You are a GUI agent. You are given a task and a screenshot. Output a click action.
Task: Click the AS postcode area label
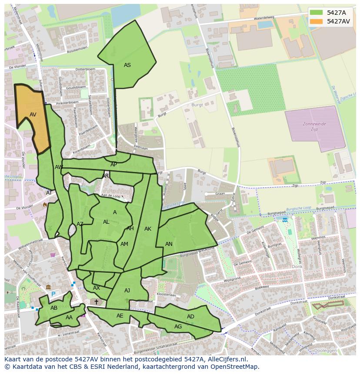[x=127, y=65]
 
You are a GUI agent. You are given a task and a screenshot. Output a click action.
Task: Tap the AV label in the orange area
[x=33, y=115]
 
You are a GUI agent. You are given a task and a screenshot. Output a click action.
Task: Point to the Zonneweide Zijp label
[x=314, y=126]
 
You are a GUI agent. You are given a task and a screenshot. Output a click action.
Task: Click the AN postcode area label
[x=169, y=244]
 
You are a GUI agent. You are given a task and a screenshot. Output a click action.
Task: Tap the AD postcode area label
[x=190, y=317]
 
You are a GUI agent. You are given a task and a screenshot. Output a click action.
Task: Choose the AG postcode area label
[x=178, y=327]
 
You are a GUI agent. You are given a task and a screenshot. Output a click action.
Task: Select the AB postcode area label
[x=54, y=308]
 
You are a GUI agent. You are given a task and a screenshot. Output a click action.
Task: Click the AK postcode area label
[x=148, y=229]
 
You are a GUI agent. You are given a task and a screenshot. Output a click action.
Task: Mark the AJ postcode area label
[x=127, y=291]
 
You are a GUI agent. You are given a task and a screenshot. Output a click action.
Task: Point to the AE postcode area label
[x=120, y=316]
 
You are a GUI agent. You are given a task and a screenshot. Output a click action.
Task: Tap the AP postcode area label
[x=113, y=165]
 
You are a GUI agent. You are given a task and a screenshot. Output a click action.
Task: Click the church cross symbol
[x=97, y=301]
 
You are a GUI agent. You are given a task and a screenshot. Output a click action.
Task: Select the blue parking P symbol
[x=53, y=294]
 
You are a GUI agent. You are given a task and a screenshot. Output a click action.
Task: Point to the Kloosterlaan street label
[x=167, y=295]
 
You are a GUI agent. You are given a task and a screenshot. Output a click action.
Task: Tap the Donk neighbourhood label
[x=297, y=267]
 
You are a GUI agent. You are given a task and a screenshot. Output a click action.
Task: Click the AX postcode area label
[x=97, y=288]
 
